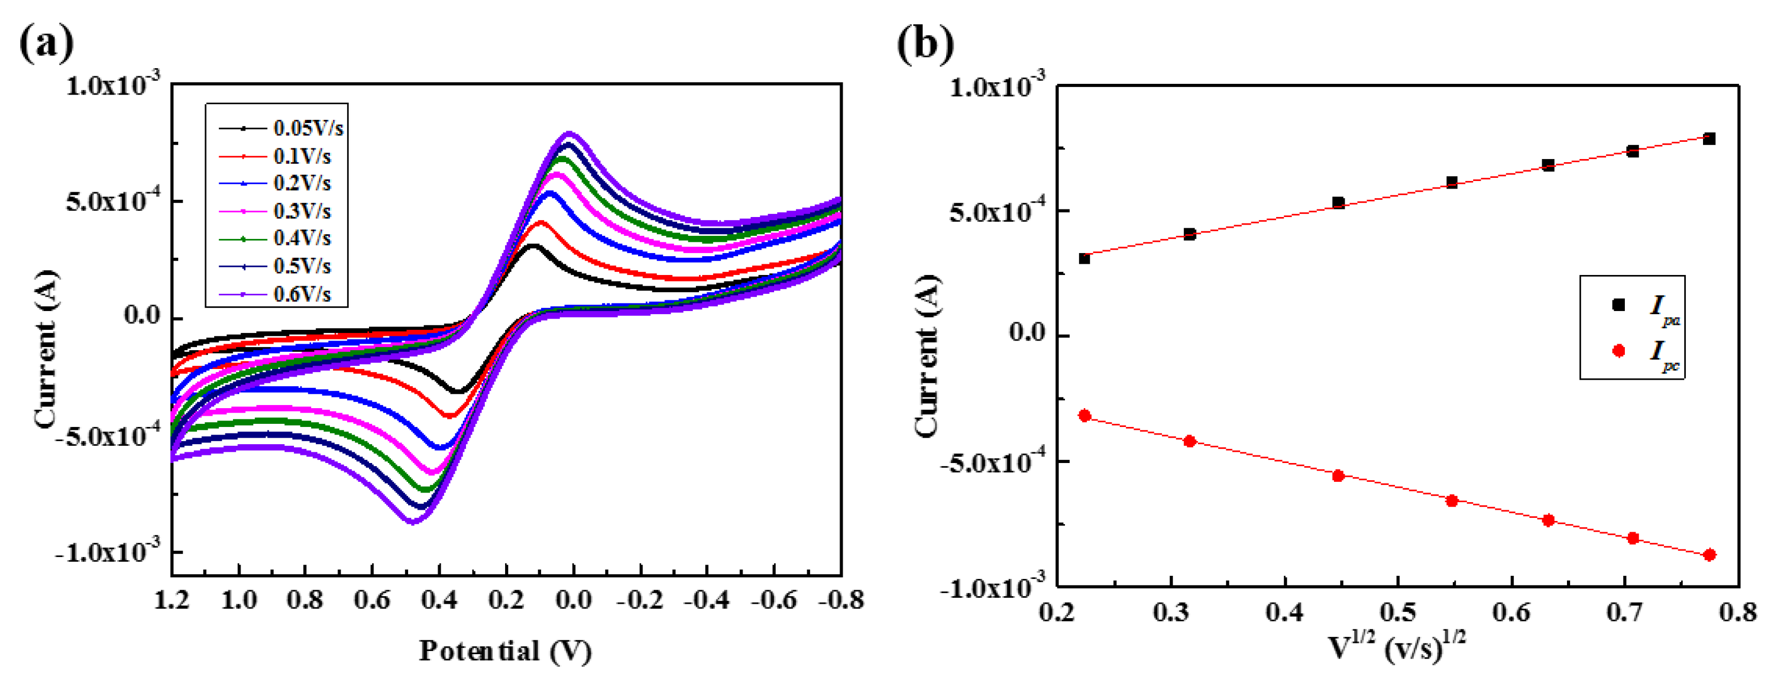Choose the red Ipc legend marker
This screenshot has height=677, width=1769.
(x=1619, y=351)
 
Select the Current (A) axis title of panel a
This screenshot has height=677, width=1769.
(x=45, y=349)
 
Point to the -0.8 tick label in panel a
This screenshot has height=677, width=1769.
(x=841, y=601)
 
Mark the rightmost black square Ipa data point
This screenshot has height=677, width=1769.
(x=1709, y=139)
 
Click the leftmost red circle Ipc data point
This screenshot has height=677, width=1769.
(x=1085, y=416)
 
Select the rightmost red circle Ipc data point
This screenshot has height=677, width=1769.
(x=1709, y=555)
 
